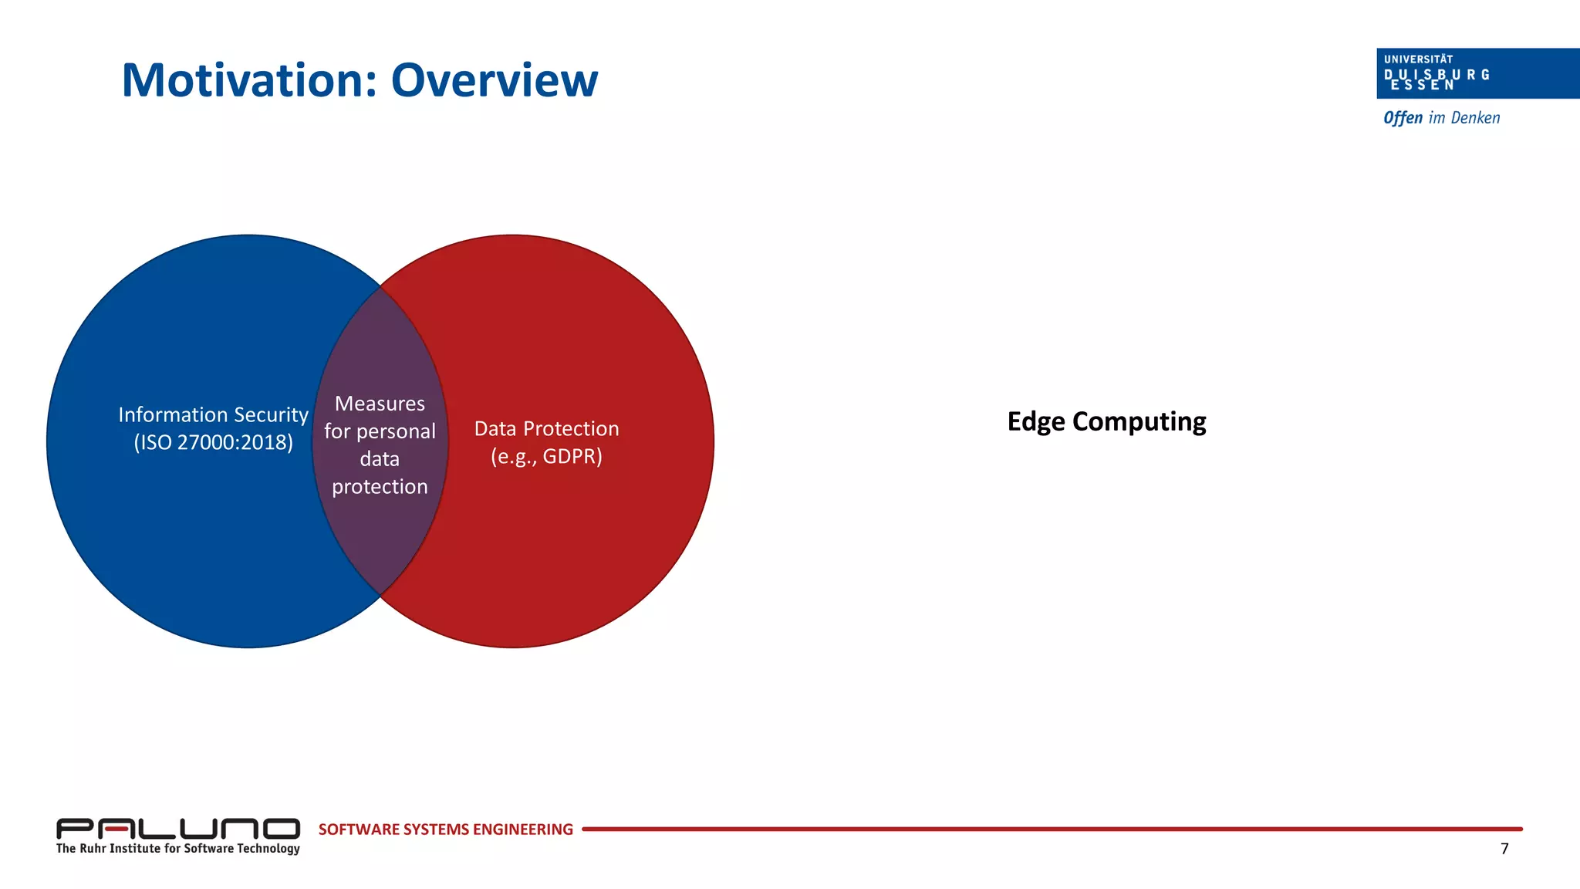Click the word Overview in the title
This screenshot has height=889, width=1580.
pyautogui.click(x=494, y=80)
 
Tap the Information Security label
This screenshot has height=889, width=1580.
pyautogui.click(x=213, y=415)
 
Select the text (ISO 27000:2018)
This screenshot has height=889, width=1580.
pyautogui.click(x=213, y=443)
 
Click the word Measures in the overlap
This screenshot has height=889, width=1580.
pyautogui.click(x=380, y=404)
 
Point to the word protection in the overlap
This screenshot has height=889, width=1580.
pyautogui.click(x=380, y=487)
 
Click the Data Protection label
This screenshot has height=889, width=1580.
pyautogui.click(x=546, y=429)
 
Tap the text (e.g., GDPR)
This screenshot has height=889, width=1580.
pyautogui.click(x=546, y=456)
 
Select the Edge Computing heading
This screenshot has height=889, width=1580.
pyautogui.click(x=1106, y=422)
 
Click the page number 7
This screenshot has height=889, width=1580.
pyautogui.click(x=1504, y=849)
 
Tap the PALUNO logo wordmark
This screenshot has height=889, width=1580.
pyautogui.click(x=177, y=829)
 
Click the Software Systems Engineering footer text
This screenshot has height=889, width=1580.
pyautogui.click(x=445, y=830)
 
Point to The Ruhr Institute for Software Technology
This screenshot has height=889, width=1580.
pyautogui.click(x=177, y=849)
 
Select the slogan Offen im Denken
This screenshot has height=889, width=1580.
pyautogui.click(x=1441, y=118)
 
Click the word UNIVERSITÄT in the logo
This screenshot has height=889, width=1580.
pyautogui.click(x=1418, y=59)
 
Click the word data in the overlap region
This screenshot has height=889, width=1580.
pyautogui.click(x=380, y=459)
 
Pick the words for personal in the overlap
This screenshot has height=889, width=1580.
pyautogui.click(x=380, y=431)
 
